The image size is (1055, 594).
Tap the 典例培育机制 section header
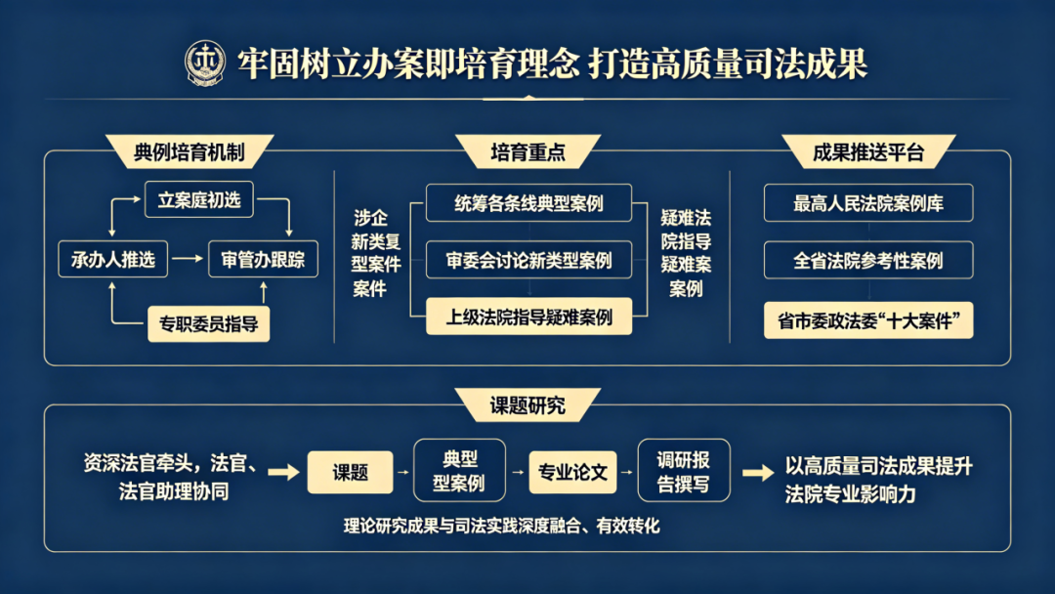point(189,151)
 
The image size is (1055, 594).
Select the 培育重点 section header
point(527,151)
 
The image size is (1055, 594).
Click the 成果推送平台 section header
point(867,151)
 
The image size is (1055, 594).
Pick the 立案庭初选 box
point(199,201)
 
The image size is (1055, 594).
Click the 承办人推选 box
point(113,260)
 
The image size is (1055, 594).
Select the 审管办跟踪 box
point(263,260)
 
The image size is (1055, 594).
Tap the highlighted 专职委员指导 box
point(208,323)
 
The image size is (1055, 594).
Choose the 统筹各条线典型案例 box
point(528,203)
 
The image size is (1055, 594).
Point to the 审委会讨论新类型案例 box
point(528,260)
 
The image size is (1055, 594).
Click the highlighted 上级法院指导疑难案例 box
point(528,317)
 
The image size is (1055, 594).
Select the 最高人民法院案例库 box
point(868,203)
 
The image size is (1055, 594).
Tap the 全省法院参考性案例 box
point(868,261)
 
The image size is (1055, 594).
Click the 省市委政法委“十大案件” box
point(868,320)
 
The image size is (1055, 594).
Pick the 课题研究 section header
point(527,404)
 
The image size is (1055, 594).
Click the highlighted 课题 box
point(350,472)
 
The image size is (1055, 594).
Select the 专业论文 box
point(572,472)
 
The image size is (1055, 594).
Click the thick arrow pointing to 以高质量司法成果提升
point(757,473)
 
